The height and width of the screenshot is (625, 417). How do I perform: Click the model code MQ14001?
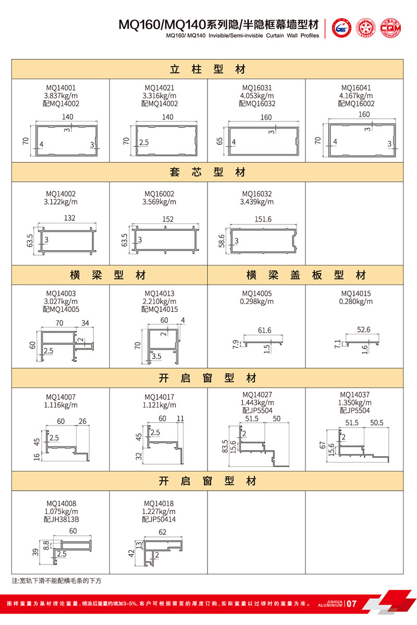61,88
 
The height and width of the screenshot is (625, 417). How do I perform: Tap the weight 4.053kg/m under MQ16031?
257,96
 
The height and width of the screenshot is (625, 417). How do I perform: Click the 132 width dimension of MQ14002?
69,220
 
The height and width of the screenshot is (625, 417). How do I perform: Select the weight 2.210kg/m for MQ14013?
160,301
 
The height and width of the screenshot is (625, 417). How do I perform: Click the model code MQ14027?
257,395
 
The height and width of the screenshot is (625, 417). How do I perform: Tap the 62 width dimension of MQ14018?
162,532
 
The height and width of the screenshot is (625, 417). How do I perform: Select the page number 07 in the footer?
351,604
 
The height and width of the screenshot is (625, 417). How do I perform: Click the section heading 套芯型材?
207,172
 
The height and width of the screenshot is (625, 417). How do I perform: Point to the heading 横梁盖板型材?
306,274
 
